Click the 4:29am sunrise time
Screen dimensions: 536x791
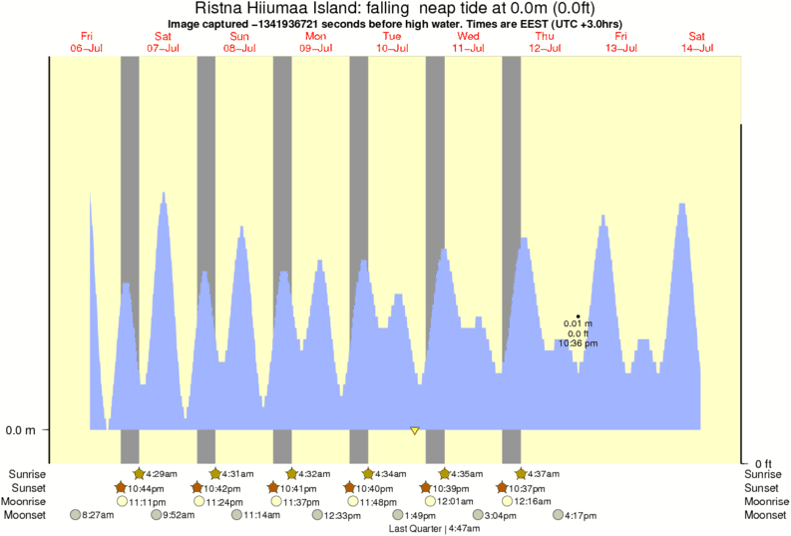(x=162, y=473)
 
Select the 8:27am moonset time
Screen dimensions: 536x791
(x=97, y=516)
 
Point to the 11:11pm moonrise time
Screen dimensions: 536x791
(x=147, y=501)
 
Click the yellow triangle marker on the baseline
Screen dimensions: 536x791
(x=414, y=430)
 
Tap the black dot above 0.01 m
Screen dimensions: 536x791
(x=579, y=315)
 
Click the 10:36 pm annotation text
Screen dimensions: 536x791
(x=578, y=342)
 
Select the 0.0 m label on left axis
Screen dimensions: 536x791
(x=21, y=430)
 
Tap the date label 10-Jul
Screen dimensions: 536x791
(x=391, y=47)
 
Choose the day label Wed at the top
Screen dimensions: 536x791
(x=468, y=36)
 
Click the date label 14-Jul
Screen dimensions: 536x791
(x=697, y=47)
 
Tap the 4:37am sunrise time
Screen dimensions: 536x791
(x=543, y=473)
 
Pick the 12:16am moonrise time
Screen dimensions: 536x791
(x=534, y=501)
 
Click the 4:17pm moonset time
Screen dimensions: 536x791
(x=581, y=516)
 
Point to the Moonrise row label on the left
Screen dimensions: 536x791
(x=25, y=501)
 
